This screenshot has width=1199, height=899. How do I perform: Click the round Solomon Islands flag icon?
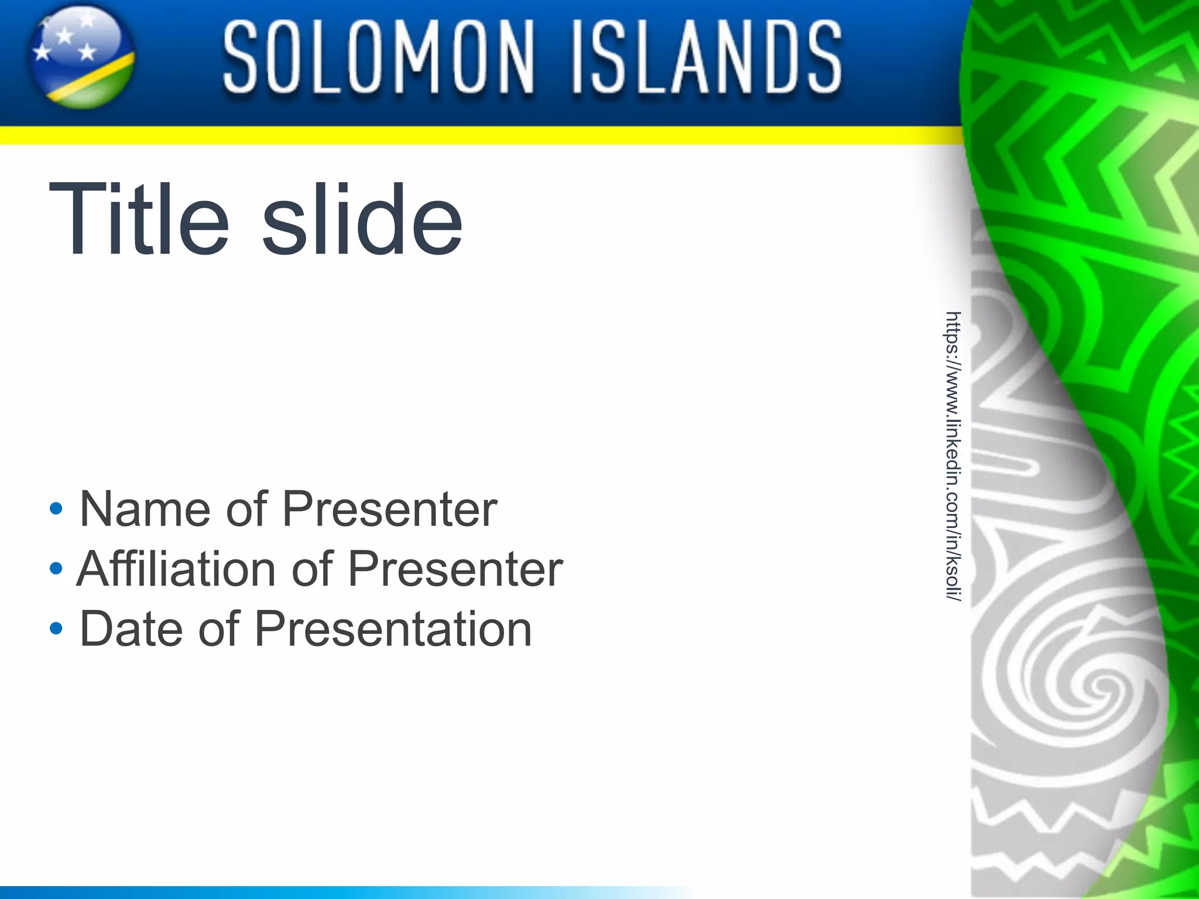tap(82, 57)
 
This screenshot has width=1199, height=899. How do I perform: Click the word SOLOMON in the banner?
tap(378, 57)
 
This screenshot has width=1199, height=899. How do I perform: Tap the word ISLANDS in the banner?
tap(707, 57)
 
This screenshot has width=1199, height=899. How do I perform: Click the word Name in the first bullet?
tap(145, 509)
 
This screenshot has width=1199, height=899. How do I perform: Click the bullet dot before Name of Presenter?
tap(56, 509)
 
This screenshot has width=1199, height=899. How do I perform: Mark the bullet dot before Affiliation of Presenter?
tap(56, 568)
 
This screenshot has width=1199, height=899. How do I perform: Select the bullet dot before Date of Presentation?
tap(56, 629)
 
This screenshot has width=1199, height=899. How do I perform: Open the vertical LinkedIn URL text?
tap(953, 457)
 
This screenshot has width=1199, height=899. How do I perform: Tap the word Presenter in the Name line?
tap(390, 509)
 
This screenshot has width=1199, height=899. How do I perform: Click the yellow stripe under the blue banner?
tap(468, 136)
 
